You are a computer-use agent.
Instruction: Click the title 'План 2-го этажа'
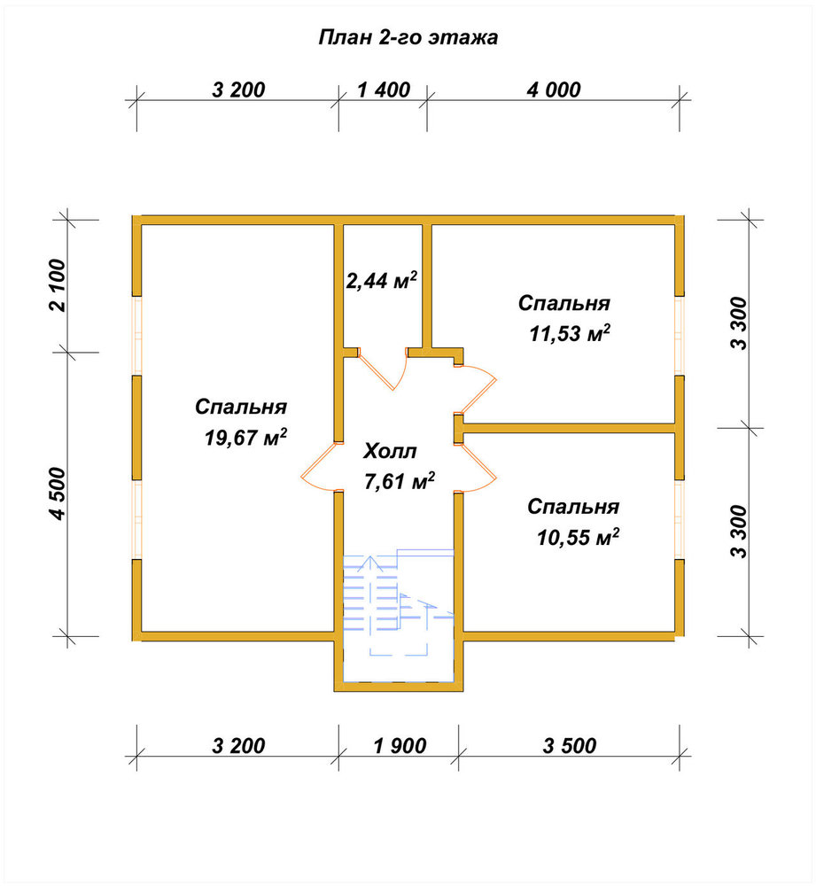[408, 38]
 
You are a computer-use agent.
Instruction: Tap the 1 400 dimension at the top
[384, 89]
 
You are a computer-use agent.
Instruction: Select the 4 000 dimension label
[554, 89]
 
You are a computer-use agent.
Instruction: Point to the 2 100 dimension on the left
[58, 285]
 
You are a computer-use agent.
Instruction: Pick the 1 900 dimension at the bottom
[400, 746]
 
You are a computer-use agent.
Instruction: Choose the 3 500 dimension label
[570, 746]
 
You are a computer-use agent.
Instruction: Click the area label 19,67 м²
[245, 437]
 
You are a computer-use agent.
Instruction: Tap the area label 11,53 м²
[570, 333]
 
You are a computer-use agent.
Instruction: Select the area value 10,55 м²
[578, 536]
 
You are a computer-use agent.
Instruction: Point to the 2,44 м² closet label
[382, 280]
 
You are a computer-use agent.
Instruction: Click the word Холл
[391, 452]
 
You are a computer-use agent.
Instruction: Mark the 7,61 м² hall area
[400, 481]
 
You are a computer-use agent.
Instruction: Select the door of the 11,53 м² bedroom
[476, 389]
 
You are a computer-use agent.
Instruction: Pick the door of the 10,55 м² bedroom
[476, 467]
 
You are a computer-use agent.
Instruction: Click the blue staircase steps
[399, 602]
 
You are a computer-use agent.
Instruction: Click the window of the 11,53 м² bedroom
[680, 336]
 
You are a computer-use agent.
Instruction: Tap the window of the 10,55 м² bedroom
[680, 520]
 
